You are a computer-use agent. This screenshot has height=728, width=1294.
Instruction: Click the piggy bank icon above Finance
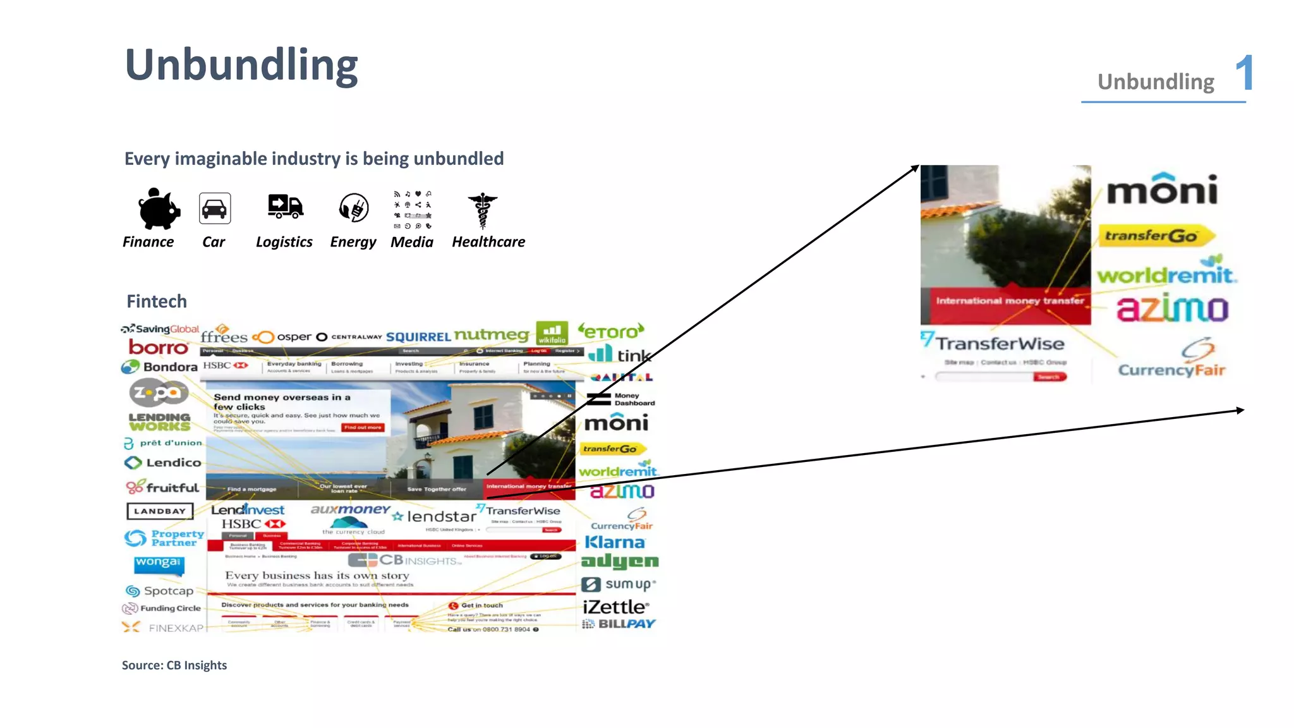(159, 209)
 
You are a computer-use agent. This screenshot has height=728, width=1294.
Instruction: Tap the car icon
(215, 209)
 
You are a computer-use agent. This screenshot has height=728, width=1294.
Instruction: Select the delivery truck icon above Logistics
(285, 207)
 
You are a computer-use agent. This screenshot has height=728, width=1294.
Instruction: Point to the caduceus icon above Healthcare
(483, 210)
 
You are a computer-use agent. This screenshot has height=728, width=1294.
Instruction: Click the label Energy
(353, 242)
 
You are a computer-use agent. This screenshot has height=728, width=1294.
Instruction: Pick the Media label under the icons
(412, 242)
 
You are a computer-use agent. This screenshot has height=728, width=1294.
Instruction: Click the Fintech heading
(157, 301)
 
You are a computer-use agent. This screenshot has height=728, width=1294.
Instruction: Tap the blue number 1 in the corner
(1244, 73)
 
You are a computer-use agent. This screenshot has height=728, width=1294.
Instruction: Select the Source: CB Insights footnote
(174, 665)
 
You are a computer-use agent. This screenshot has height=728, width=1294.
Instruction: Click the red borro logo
(159, 348)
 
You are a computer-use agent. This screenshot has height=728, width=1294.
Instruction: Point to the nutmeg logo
(492, 335)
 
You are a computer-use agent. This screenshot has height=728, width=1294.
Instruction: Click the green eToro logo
(611, 332)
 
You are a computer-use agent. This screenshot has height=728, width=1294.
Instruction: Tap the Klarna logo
(615, 542)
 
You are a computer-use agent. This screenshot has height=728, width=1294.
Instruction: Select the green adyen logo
(620, 561)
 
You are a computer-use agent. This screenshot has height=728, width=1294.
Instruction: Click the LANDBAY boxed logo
(160, 511)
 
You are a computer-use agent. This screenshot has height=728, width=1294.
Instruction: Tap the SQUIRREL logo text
(418, 337)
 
